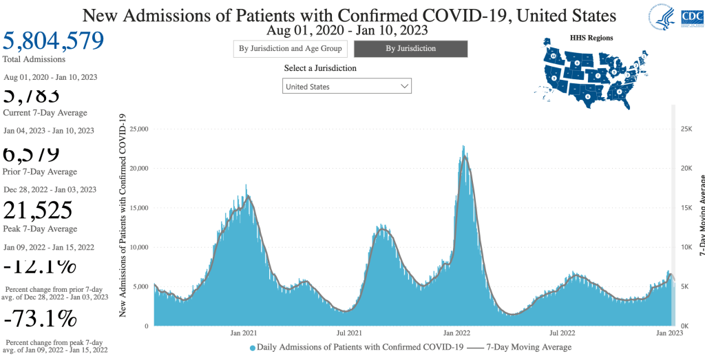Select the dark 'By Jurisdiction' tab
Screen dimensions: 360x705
(x=410, y=49)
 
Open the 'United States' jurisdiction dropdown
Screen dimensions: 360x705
(x=347, y=87)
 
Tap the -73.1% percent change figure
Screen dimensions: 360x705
(x=40, y=319)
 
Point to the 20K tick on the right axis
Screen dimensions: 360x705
(x=686, y=169)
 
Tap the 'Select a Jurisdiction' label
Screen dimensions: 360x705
(x=320, y=68)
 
